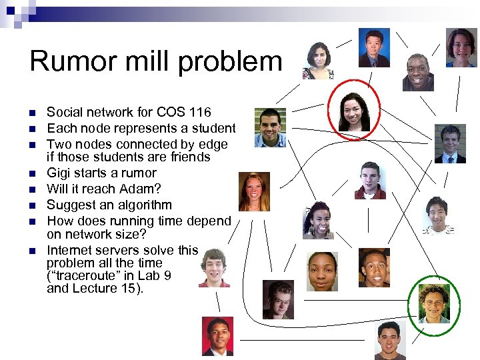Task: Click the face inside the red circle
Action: pos(354,111)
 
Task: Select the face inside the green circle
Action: pos(433,304)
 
